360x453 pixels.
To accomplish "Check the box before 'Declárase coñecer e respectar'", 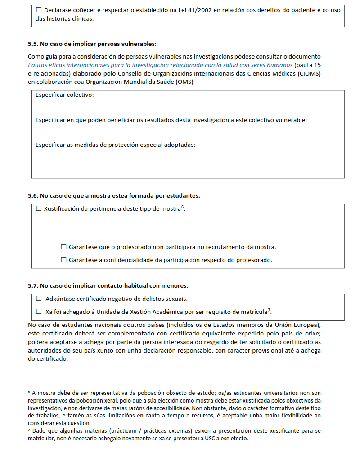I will [x=38, y=10].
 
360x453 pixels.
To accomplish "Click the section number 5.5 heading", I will [x=33, y=44].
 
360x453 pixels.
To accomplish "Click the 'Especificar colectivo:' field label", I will [x=64, y=95].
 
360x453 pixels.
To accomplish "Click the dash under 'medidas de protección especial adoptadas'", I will [x=61, y=158].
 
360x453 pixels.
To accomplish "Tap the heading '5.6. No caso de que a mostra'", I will [x=114, y=195].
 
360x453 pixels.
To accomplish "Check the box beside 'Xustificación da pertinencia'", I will [x=38, y=208].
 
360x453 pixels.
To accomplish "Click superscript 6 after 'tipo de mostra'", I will [x=183, y=207].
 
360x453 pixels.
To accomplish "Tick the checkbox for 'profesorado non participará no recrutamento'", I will [x=63, y=247].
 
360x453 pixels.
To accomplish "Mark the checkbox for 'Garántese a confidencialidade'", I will [x=63, y=260].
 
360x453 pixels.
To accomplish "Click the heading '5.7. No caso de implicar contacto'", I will [x=108, y=285].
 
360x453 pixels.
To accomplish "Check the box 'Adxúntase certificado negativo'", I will [x=38, y=299].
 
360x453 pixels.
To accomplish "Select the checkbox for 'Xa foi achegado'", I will [x=38, y=312].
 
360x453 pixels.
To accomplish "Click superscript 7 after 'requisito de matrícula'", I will [x=269, y=310].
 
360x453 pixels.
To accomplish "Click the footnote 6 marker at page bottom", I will [x=29, y=392].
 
